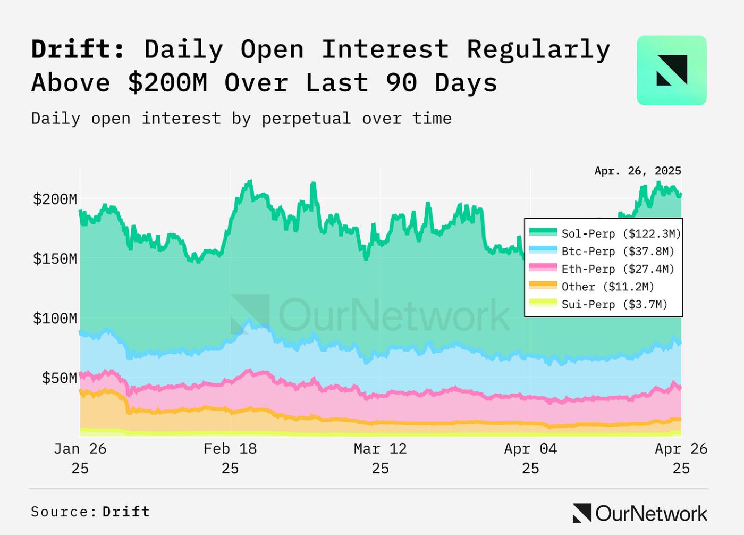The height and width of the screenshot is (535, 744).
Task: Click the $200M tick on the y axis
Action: tap(55, 199)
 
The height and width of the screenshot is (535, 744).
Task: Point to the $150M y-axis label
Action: tap(55, 259)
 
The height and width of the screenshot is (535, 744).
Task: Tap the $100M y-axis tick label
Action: tap(55, 319)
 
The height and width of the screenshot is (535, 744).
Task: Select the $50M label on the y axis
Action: tap(59, 378)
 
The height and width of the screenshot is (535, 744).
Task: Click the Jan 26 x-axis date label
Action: tap(80, 457)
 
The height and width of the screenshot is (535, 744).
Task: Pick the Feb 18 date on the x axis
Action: tap(230, 457)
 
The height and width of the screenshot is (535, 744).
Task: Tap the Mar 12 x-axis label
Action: tap(381, 457)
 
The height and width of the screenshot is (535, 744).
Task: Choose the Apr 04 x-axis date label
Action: tap(530, 457)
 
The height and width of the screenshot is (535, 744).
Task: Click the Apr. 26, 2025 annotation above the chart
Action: tap(638, 171)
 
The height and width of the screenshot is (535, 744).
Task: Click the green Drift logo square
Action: tap(672, 70)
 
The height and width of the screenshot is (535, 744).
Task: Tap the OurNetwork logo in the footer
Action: tap(640, 513)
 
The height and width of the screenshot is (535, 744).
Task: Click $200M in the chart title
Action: tap(167, 83)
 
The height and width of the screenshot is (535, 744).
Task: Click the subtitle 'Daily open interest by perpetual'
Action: tap(191, 118)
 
